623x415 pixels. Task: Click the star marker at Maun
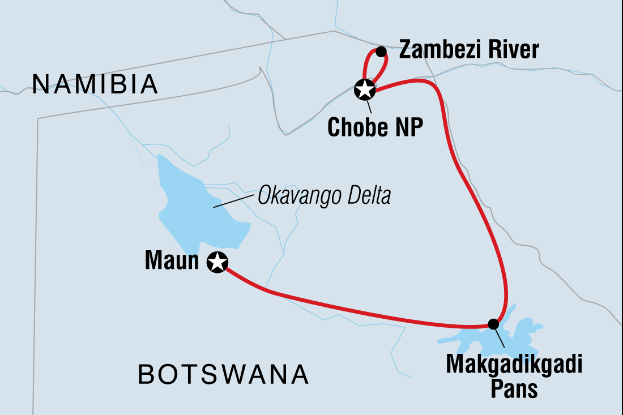point(217,262)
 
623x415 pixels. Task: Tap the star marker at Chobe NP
point(364,89)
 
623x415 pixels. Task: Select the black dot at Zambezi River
point(381,52)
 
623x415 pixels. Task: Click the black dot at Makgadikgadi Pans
point(493,324)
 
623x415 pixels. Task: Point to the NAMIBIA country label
point(95,85)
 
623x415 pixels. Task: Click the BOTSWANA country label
point(224,374)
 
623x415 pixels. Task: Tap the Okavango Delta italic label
point(324,196)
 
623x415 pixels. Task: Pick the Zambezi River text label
point(468,51)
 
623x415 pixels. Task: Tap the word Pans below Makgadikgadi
point(514,389)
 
